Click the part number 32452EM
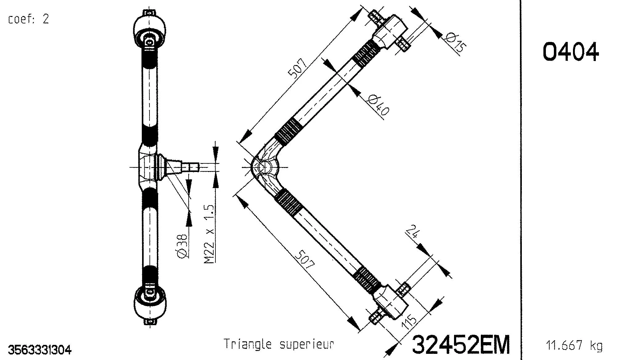(x=461, y=345)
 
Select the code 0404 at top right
(x=571, y=52)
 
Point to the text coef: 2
(x=28, y=19)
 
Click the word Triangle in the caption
(x=248, y=344)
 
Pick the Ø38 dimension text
(x=182, y=246)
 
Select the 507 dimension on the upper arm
(x=297, y=67)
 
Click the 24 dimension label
(x=412, y=232)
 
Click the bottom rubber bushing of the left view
(x=149, y=304)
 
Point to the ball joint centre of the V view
(x=264, y=167)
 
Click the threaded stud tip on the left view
(x=194, y=167)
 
